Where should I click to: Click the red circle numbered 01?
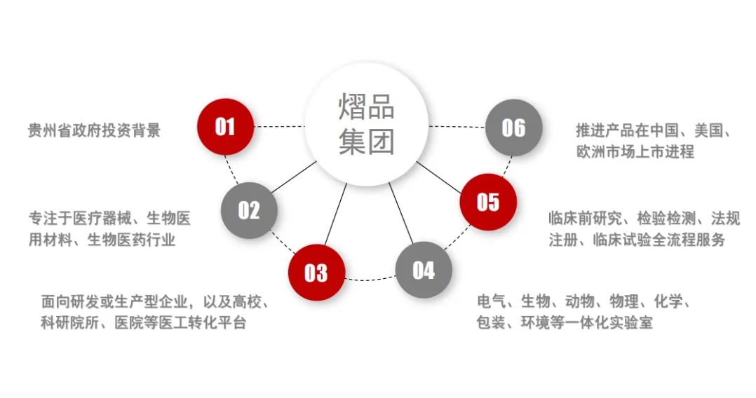coord(225,127)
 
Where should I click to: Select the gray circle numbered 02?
coord(249,210)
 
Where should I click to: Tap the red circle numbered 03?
coord(316,272)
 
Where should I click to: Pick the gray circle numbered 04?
coord(424,270)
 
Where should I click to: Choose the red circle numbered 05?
coord(488,202)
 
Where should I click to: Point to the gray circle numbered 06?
coord(513,127)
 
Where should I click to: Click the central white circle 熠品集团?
coord(367,125)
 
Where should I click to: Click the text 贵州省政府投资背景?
coord(94,130)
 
